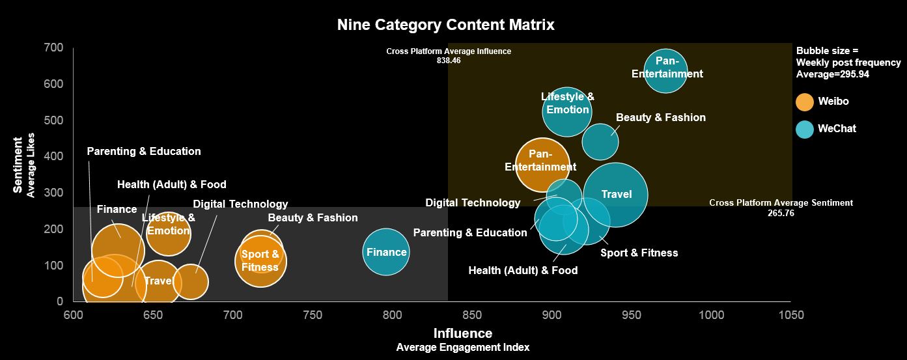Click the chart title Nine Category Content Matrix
click(445, 25)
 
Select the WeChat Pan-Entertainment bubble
click(665, 70)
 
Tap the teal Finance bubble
click(386, 252)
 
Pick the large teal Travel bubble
click(616, 194)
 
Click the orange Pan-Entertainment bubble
click(542, 165)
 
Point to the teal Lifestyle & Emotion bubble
click(567, 111)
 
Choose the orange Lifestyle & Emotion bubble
click(169, 232)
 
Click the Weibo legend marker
click(805, 102)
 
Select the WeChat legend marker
click(805, 129)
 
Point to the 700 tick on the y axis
click(54, 48)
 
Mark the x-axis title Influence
click(463, 333)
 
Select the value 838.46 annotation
click(449, 61)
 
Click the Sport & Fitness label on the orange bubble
click(260, 260)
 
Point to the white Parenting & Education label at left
click(144, 151)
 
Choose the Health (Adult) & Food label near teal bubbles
click(523, 270)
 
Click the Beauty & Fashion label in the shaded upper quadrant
click(660, 118)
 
